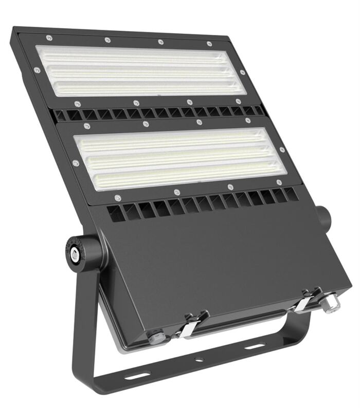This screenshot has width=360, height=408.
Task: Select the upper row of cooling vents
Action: tap(159, 113)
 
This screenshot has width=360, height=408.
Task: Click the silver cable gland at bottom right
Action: tap(330, 302)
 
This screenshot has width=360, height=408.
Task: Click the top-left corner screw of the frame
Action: tap(49, 37)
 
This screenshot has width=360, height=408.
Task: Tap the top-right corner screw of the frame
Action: tap(209, 44)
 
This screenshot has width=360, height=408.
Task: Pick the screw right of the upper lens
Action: tap(242, 72)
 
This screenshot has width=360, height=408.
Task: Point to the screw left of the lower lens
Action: tap(76, 163)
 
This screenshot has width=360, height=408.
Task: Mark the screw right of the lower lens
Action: tap(282, 150)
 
